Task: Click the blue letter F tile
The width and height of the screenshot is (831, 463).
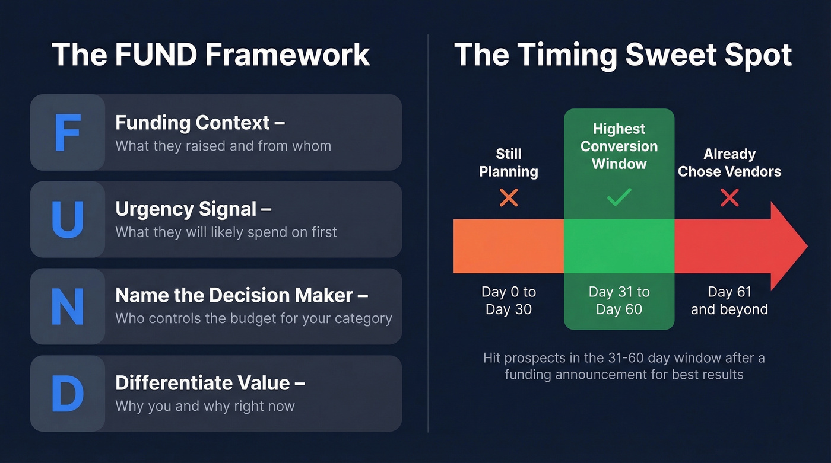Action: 67,133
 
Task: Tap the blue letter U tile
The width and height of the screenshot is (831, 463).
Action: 67,219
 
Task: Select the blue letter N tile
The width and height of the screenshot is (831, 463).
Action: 67,306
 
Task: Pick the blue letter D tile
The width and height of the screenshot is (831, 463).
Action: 67,394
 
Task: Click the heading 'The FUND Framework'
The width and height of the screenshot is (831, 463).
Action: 211,55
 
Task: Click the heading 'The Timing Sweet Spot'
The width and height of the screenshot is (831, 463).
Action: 623,55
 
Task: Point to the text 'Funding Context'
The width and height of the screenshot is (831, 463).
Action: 193,123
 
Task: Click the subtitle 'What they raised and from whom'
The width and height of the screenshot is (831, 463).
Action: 223,146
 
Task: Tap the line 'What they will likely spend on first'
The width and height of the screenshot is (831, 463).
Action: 226,232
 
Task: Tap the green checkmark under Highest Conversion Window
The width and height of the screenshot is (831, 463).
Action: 619,198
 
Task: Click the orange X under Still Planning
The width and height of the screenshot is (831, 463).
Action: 509,198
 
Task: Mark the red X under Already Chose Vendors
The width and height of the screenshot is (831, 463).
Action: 729,198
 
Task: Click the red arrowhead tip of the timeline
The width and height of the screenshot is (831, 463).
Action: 795,246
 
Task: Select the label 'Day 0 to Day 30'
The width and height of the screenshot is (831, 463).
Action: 509,301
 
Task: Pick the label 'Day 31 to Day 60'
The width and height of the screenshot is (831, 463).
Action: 619,301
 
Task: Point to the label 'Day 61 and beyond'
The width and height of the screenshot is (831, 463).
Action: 729,301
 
